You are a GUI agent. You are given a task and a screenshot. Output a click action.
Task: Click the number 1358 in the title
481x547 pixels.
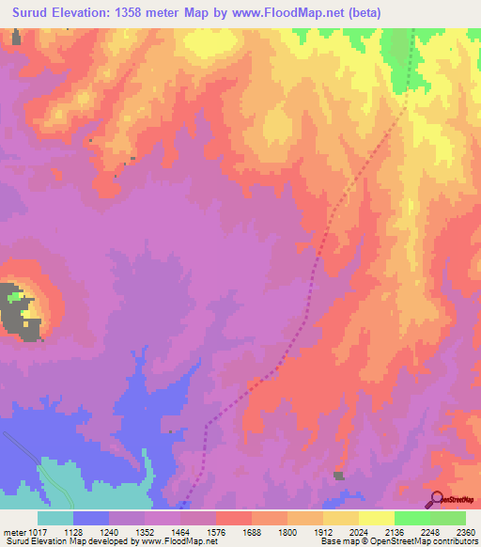click(157, 11)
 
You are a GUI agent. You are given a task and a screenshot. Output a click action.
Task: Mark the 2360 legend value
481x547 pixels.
click(463, 531)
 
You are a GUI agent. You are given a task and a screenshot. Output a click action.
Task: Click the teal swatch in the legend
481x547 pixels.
click(55, 518)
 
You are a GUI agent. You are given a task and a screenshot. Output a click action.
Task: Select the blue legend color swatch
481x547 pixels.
click(91, 518)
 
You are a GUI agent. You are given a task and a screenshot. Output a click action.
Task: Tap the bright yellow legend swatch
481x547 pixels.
click(377, 518)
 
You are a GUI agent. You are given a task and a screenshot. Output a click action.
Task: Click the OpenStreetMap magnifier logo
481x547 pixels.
click(437, 498)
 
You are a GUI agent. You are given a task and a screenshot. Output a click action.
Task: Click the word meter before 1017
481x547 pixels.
click(14, 531)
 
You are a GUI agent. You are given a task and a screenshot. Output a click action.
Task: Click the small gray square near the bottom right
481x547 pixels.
click(339, 476)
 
